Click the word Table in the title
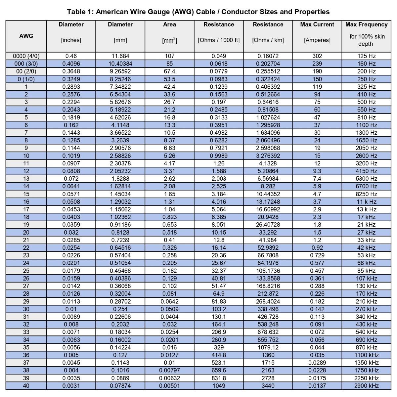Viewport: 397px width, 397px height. tap(76, 12)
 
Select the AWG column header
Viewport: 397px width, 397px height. tap(26, 36)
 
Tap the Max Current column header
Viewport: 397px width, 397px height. tap(317, 24)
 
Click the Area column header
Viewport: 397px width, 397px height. tap(169, 24)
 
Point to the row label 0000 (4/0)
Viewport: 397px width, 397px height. tap(26, 56)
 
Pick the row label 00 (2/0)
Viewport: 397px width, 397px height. tap(26, 71)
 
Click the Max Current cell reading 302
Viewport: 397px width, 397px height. tap(317, 56)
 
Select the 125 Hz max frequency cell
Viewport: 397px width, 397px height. tap(366, 56)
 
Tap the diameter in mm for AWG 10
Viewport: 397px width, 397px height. tap(120, 156)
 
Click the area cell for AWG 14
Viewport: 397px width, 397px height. tap(169, 186)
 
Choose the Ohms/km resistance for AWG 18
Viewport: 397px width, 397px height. tap(268, 217)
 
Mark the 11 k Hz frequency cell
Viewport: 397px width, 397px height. tap(366, 202)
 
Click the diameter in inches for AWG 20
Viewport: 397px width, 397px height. tap(71, 233)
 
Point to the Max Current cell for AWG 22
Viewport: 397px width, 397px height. tap(317, 248)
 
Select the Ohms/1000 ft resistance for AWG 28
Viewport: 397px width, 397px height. tap(219, 294)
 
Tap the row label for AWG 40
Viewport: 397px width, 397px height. tap(26, 386)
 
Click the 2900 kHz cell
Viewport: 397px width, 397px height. tap(366, 386)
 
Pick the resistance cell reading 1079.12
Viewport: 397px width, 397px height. tap(268, 347)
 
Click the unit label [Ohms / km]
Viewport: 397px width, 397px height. tap(268, 40)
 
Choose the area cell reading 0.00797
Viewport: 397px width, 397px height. tap(169, 371)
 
